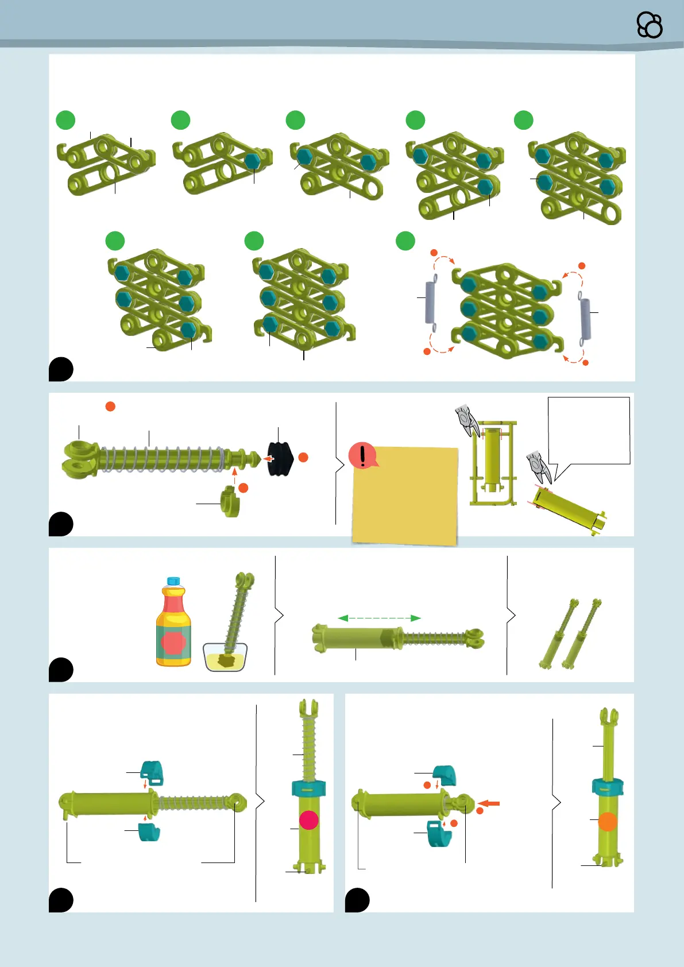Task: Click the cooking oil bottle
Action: coord(173,626)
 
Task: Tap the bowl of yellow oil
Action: coord(225,657)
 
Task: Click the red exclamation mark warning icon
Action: coord(362,455)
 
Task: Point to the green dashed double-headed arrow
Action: coord(380,618)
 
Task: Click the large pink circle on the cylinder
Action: coord(309,820)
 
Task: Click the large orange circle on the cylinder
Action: coord(608,822)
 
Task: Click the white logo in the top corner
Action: coord(650,25)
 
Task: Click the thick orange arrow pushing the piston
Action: coord(489,803)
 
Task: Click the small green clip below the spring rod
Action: coord(230,501)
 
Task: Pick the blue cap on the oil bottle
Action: coord(173,581)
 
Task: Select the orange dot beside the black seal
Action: coord(303,457)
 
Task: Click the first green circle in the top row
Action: coord(65,120)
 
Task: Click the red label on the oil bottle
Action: coord(173,643)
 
